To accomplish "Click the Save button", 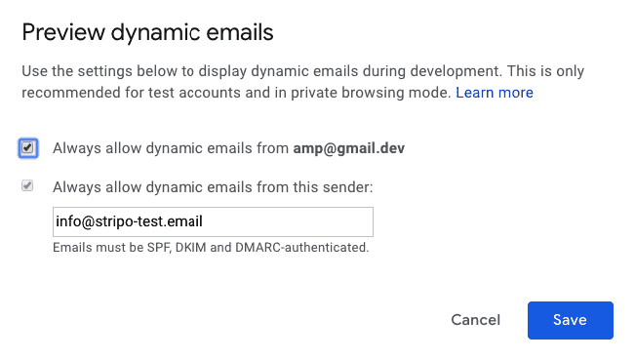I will pos(570,320).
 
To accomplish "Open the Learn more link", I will pos(495,93).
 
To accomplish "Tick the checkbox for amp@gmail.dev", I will pos(28,148).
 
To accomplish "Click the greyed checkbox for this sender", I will pos(28,185).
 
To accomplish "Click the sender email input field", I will pos(213,221).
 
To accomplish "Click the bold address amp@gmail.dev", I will pos(349,148).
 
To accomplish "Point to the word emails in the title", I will pos(237,32).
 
